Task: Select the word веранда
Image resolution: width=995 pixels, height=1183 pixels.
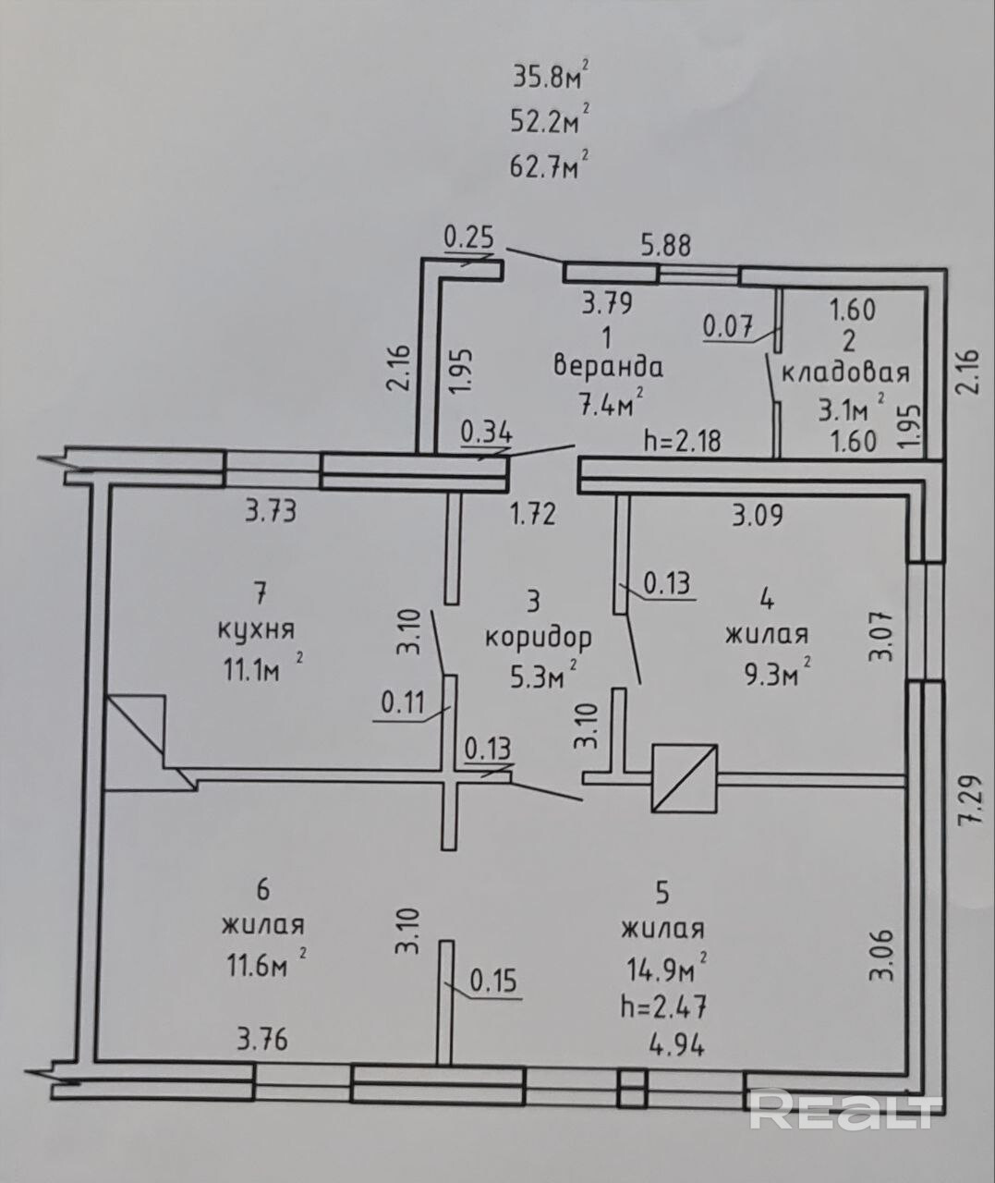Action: (608, 367)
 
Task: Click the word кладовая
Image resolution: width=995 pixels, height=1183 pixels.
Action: (845, 372)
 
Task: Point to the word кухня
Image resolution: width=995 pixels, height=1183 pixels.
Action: (257, 629)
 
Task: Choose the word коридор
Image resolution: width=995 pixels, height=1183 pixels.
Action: (539, 639)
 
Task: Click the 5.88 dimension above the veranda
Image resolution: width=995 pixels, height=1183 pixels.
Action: (666, 245)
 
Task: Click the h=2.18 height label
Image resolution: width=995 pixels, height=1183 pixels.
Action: (683, 440)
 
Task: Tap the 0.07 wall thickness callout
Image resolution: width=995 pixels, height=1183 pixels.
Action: (728, 327)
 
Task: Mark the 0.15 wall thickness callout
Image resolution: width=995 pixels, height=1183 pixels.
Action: (493, 981)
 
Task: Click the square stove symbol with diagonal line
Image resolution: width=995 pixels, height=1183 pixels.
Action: (685, 778)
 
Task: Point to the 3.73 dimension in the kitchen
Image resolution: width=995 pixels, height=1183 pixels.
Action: (271, 512)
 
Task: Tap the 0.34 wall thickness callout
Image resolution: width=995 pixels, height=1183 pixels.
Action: (487, 433)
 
